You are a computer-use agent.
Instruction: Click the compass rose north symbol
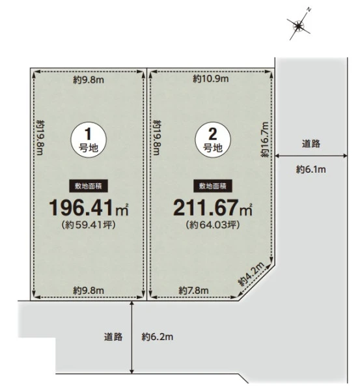(x=298, y=25)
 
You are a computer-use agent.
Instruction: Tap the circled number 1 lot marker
(x=89, y=139)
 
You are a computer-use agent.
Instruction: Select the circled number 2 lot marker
(x=213, y=139)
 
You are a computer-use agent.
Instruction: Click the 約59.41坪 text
(x=89, y=225)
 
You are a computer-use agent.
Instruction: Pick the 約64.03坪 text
(x=213, y=225)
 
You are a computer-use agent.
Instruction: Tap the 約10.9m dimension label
(x=211, y=79)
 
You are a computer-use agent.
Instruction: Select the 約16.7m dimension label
(x=265, y=139)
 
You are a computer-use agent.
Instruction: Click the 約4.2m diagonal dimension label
(x=251, y=274)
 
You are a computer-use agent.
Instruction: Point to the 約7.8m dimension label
(x=193, y=291)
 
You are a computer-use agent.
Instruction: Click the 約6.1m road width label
(x=311, y=169)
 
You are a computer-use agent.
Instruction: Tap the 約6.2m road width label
(x=157, y=337)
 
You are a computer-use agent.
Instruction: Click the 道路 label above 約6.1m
(x=311, y=144)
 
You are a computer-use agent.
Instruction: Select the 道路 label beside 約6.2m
(x=113, y=337)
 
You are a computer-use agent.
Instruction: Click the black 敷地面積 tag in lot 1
(x=89, y=186)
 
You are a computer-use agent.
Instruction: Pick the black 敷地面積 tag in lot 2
(x=213, y=186)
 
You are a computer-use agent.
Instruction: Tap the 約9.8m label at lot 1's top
(x=89, y=80)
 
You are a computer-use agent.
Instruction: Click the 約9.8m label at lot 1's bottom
(x=89, y=291)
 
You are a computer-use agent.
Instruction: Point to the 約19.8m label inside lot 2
(x=157, y=138)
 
